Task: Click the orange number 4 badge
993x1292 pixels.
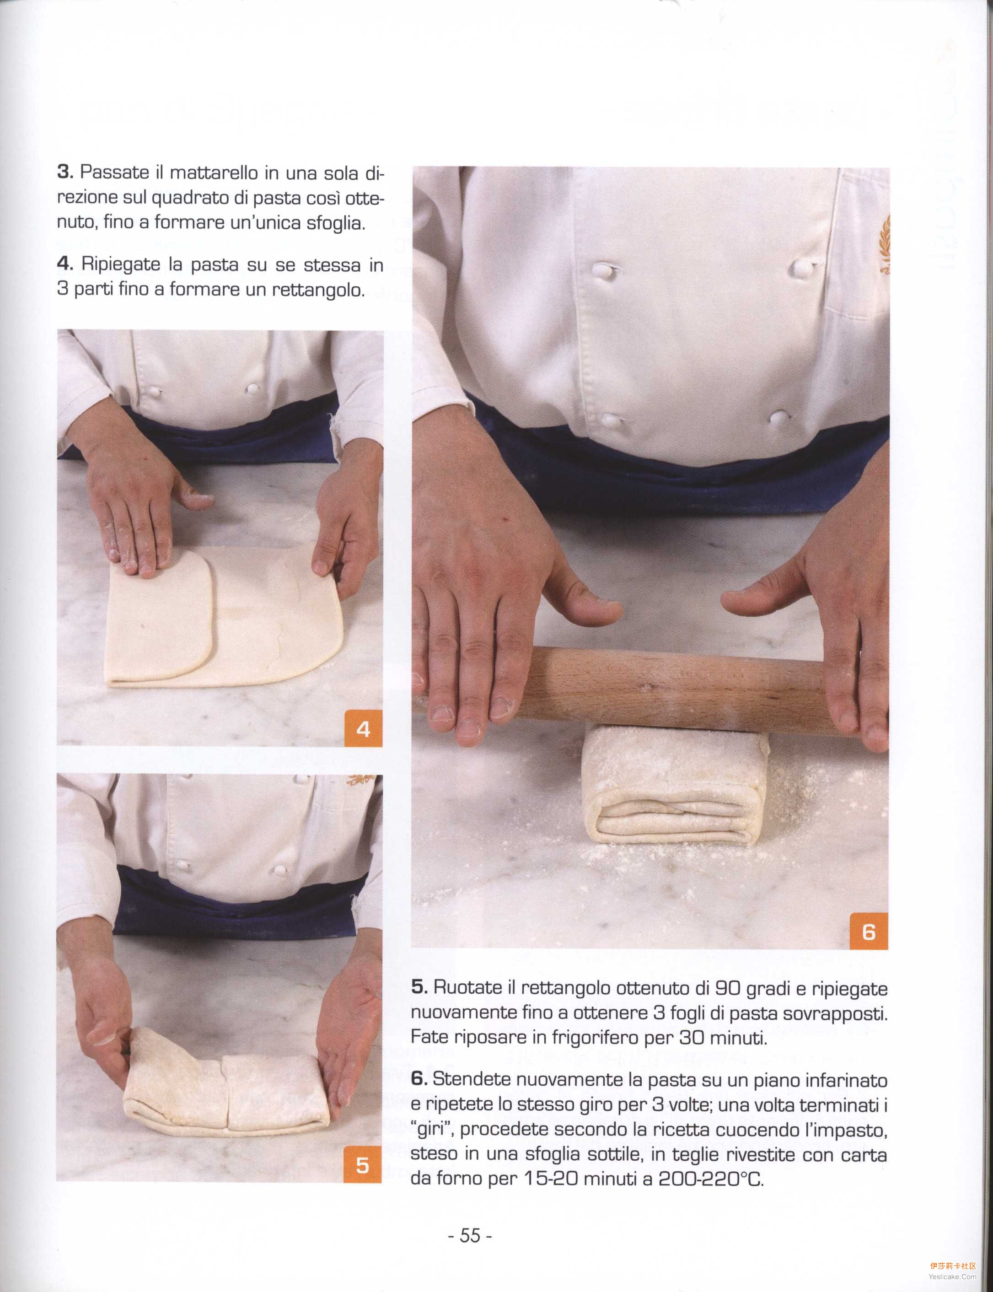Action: tap(363, 729)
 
